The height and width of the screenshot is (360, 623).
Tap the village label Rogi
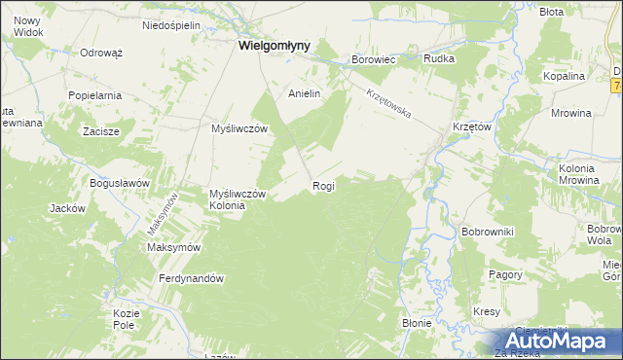tap(323, 186)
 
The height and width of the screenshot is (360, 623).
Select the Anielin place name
tap(304, 94)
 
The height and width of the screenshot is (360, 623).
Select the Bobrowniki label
tap(488, 232)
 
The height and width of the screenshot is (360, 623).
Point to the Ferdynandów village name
tap(192, 279)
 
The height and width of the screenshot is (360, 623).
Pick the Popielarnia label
tap(94, 95)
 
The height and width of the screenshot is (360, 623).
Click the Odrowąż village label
tap(100, 53)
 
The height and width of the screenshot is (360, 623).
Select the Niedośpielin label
tap(170, 25)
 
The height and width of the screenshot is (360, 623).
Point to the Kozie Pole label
tap(127, 318)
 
